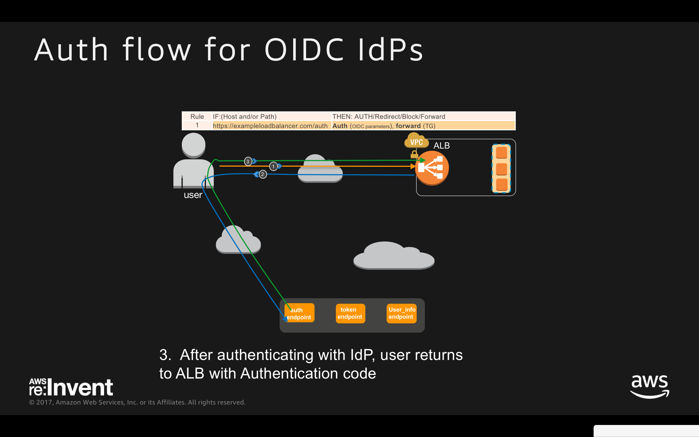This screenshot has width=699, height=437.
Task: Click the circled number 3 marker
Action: (x=248, y=161)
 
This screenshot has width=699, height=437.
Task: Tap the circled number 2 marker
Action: (x=262, y=174)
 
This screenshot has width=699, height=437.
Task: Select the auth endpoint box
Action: (x=299, y=313)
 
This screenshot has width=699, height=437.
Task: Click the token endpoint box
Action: (x=350, y=313)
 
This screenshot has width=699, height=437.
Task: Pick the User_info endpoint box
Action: (x=401, y=313)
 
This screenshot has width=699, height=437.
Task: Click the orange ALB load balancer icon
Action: (x=431, y=168)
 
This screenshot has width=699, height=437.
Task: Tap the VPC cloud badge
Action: (x=416, y=141)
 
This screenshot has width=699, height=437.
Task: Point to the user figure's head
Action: (x=193, y=145)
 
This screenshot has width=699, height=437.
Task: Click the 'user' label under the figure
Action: (x=193, y=195)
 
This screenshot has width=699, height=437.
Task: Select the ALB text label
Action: (x=441, y=145)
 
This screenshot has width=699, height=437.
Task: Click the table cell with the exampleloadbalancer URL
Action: (x=270, y=126)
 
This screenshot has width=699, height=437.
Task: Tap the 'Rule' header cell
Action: (x=197, y=116)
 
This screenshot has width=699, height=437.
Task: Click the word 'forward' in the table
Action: (x=408, y=126)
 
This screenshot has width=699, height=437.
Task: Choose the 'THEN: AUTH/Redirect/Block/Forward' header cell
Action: (x=389, y=116)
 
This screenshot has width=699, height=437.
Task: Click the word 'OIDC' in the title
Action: (x=304, y=50)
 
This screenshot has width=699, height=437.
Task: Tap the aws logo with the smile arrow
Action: (x=649, y=386)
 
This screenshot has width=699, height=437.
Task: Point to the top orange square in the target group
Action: (x=501, y=153)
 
